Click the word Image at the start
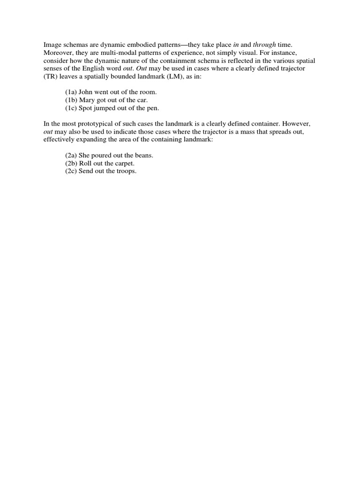(x=52, y=44)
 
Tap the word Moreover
(x=59, y=52)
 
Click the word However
(x=298, y=124)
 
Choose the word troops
(x=127, y=172)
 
